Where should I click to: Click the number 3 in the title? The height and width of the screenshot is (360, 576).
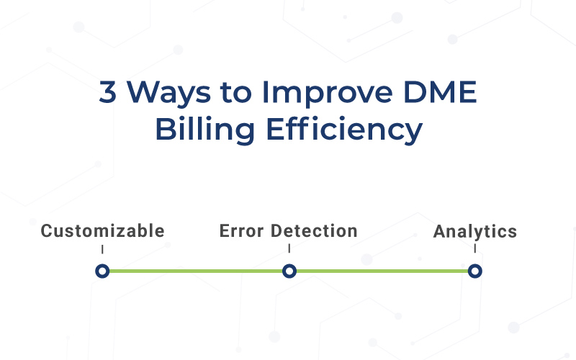pyautogui.click(x=107, y=94)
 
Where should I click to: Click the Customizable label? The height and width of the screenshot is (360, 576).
pyautogui.click(x=102, y=231)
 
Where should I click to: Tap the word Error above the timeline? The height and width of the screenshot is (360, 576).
pyautogui.click(x=242, y=231)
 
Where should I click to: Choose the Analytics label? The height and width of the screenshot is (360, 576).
pyautogui.click(x=475, y=232)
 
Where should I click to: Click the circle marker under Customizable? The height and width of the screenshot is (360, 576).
pyautogui.click(x=102, y=271)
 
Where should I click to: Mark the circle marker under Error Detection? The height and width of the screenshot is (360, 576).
pyautogui.click(x=289, y=271)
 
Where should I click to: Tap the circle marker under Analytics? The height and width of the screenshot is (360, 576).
pyautogui.click(x=474, y=271)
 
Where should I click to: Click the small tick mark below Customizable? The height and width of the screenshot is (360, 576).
pyautogui.click(x=102, y=249)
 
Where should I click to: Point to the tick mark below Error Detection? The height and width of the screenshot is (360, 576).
pyautogui.click(x=289, y=249)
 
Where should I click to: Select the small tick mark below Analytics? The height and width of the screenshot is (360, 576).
pyautogui.click(x=475, y=249)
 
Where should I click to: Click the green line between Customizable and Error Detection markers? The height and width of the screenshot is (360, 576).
pyautogui.click(x=195, y=271)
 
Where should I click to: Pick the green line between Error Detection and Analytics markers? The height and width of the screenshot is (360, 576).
pyautogui.click(x=382, y=271)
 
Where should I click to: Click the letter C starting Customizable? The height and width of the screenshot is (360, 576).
pyautogui.click(x=46, y=231)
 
